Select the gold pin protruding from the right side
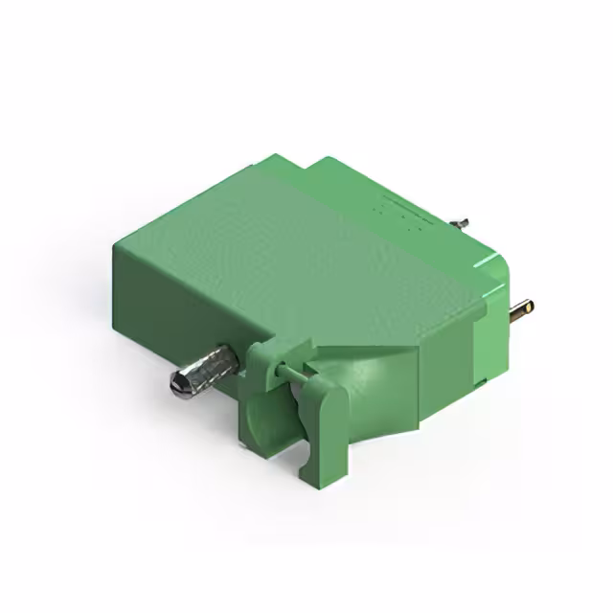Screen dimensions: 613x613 522,308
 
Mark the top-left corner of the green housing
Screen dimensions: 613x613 118,242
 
